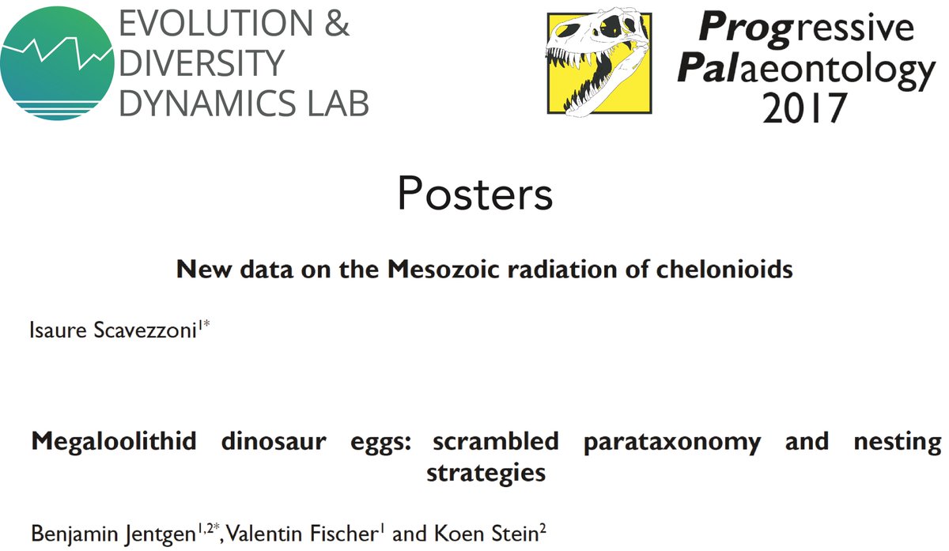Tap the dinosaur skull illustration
coord(598,62)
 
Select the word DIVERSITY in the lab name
coord(201,64)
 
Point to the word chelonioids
coord(724,270)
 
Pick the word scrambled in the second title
coord(495,442)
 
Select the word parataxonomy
coord(672,442)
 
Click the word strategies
coord(486,473)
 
